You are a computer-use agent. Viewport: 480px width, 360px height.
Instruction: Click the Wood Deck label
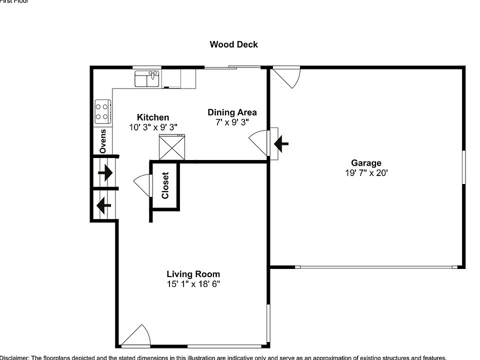(233, 44)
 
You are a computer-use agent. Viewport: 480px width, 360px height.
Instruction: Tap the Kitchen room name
(153, 117)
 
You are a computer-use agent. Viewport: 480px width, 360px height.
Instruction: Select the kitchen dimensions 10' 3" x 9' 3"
(153, 127)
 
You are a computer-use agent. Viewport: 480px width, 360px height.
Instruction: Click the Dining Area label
(232, 112)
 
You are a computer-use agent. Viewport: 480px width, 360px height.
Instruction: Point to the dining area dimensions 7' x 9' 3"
(232, 122)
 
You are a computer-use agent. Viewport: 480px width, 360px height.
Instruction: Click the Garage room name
(366, 163)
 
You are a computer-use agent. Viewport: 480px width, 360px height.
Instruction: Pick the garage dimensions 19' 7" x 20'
(366, 173)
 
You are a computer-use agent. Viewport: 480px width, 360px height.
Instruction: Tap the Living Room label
(193, 274)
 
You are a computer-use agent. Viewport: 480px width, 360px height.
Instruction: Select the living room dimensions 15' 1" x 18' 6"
(193, 284)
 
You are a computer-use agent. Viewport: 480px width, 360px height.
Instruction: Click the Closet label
(165, 185)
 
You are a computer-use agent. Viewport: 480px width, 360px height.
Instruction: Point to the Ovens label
(103, 141)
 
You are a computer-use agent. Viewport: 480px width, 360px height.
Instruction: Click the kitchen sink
(146, 79)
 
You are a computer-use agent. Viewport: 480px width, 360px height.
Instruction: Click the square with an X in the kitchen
(171, 147)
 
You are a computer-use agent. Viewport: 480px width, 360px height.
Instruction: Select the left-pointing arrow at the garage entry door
(281, 144)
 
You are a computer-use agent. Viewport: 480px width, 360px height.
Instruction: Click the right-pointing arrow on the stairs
(105, 173)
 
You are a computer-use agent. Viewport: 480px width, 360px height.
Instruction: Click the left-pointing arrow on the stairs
(103, 204)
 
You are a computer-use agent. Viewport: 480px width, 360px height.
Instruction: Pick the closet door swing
(142, 185)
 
